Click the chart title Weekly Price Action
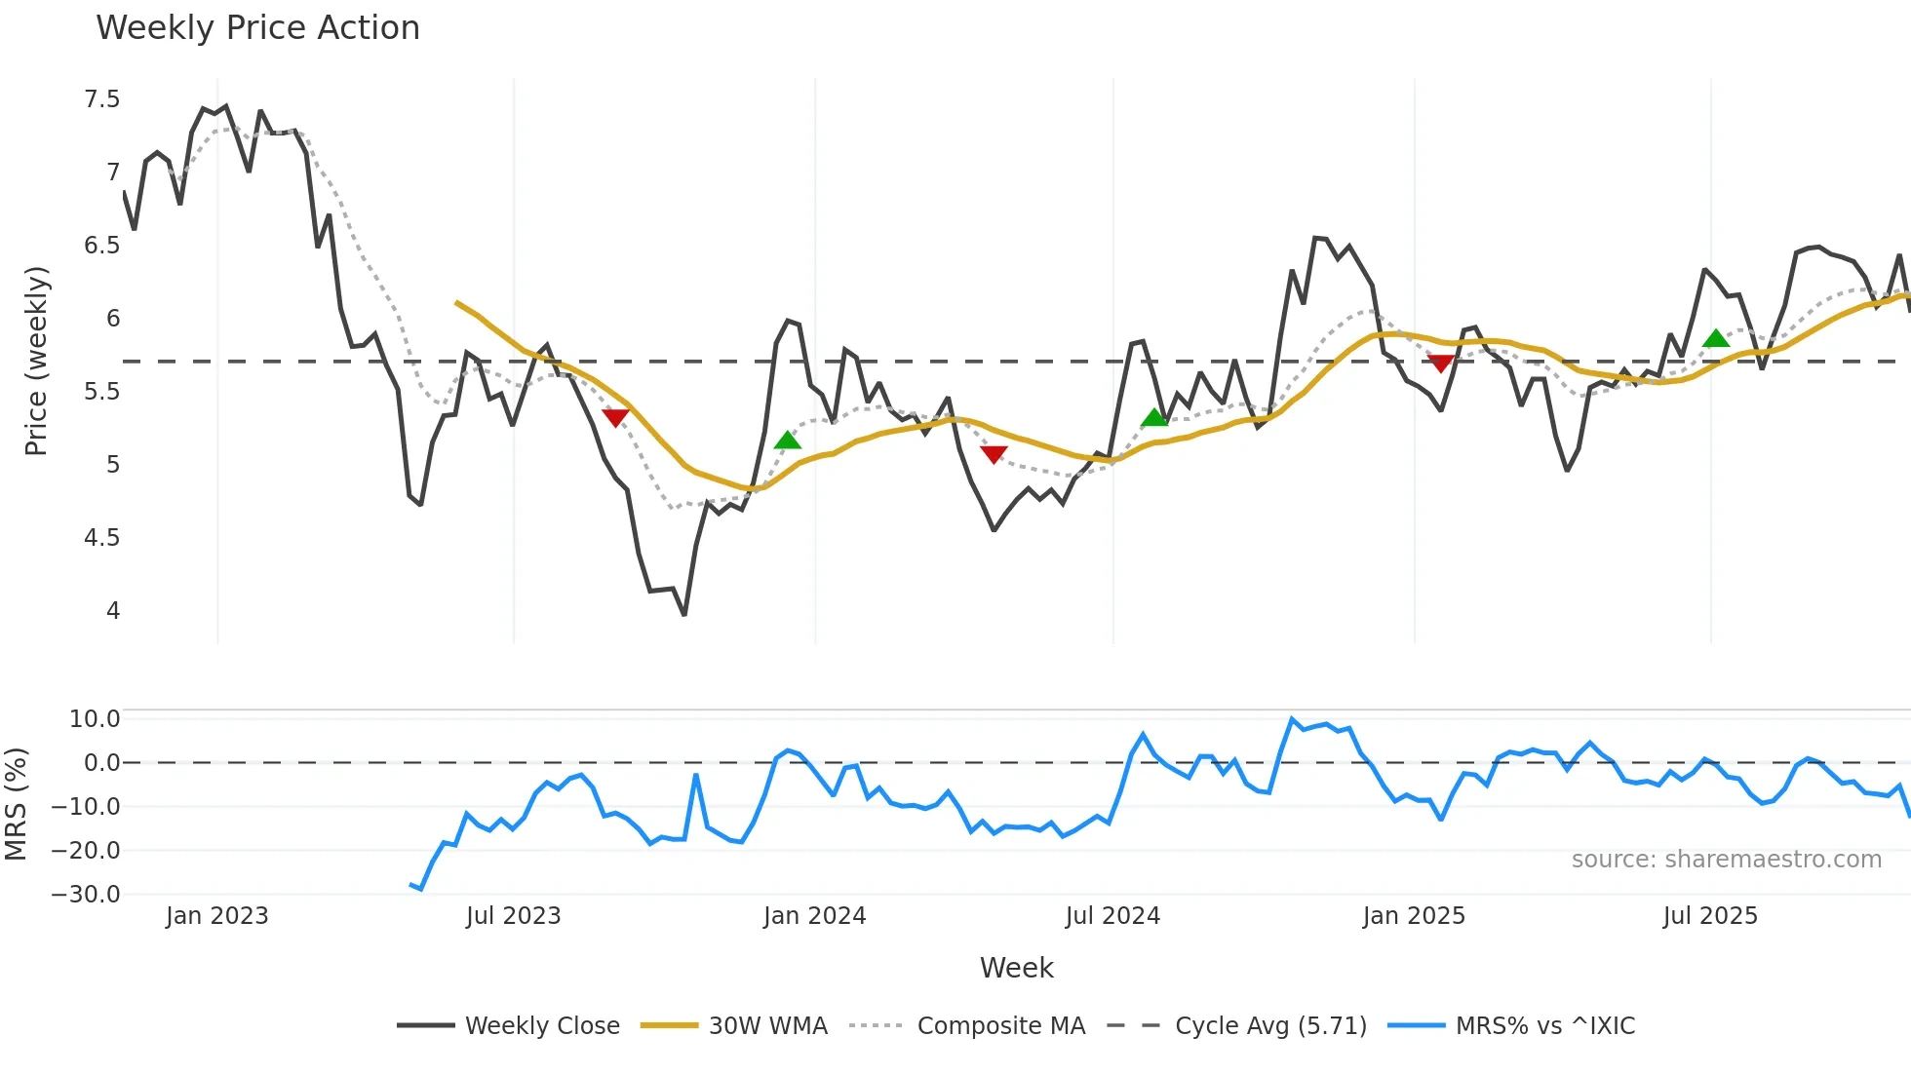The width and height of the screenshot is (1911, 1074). click(x=257, y=28)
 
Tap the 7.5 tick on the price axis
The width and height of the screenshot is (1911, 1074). click(x=102, y=99)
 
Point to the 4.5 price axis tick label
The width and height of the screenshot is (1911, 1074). click(x=102, y=538)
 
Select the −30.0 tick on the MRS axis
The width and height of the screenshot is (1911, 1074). click(x=86, y=895)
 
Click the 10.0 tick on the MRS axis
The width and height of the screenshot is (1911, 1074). click(x=95, y=719)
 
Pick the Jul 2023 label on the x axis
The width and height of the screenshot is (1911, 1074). click(x=513, y=916)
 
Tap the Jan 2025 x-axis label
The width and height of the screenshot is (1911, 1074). click(x=1414, y=916)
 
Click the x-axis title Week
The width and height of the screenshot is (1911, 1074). click(x=1016, y=968)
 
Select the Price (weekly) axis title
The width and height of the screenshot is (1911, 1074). click(x=36, y=361)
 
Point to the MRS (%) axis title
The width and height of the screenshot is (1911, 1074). click(x=16, y=804)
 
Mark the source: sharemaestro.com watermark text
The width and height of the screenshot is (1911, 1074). click(x=1726, y=860)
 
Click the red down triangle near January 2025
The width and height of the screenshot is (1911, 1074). click(x=1441, y=364)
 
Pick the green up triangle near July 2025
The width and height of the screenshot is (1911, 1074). click(x=1716, y=339)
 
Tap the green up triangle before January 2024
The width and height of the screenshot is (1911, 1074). click(x=788, y=441)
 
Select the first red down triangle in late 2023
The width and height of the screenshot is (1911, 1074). click(x=616, y=418)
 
